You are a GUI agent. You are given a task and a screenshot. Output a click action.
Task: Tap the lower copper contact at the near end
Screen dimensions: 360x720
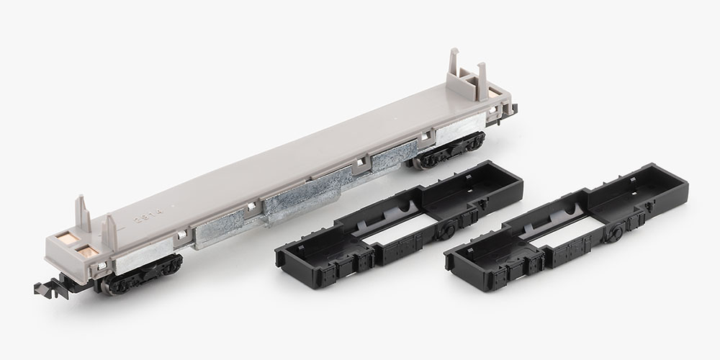point(87,251)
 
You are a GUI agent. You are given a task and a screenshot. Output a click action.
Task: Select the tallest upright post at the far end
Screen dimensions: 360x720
point(454,68)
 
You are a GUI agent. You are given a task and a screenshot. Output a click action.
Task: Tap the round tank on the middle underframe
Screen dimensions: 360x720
point(447,230)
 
